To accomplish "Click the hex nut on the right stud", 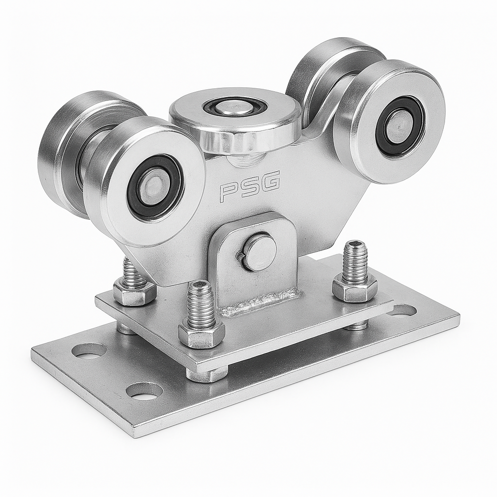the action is [355, 288].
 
